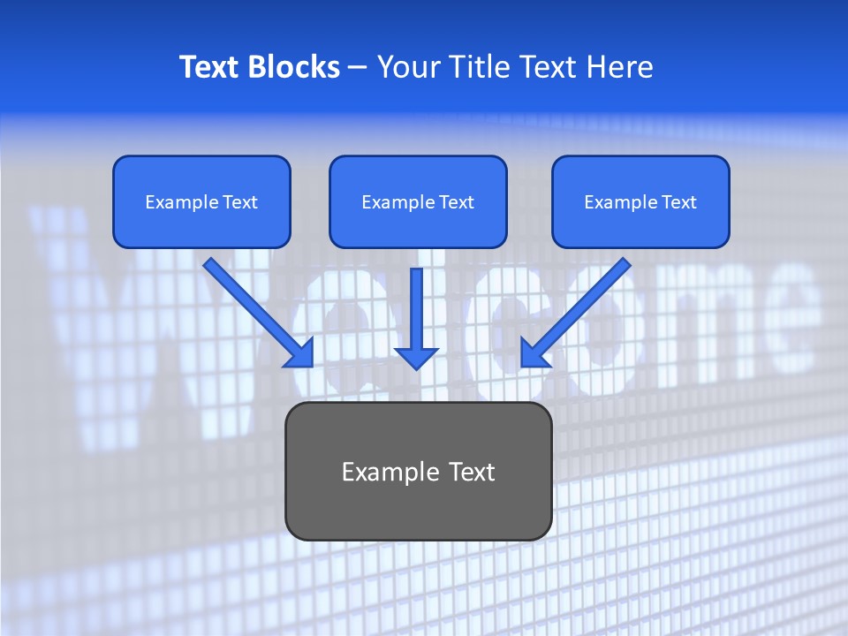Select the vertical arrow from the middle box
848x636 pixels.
coord(416,309)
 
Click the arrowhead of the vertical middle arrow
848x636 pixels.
coord(416,357)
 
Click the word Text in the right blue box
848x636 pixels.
coord(678,202)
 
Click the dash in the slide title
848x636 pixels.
coord(358,68)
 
